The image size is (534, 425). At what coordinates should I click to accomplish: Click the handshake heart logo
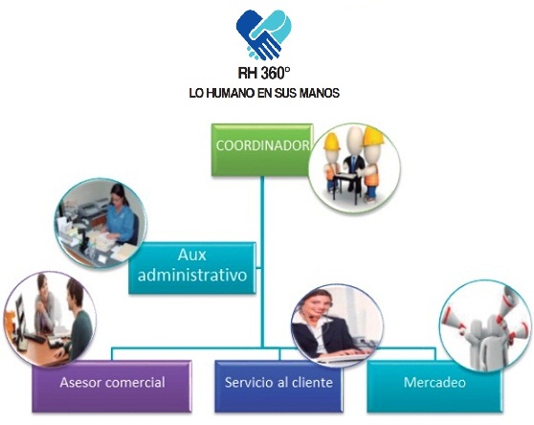coord(263,34)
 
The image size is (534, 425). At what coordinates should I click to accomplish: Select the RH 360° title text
coord(264,73)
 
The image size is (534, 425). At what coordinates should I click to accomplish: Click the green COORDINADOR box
coord(262,150)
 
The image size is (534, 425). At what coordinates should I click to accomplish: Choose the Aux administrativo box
coord(192,268)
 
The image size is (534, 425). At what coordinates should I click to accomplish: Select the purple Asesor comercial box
coord(112,387)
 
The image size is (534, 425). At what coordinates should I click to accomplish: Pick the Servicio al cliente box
coord(278,387)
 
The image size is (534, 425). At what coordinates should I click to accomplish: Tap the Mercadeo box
coord(434,387)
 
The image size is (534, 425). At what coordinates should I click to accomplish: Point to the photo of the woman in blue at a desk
coord(100,223)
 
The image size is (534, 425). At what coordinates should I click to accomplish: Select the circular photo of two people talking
coord(50,319)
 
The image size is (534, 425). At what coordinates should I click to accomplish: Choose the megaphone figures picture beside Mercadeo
coord(485,325)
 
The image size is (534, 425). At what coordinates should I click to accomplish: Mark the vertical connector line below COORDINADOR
coord(262,261)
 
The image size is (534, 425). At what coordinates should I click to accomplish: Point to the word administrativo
coord(192,275)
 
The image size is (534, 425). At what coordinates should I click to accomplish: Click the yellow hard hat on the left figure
coord(331,142)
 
